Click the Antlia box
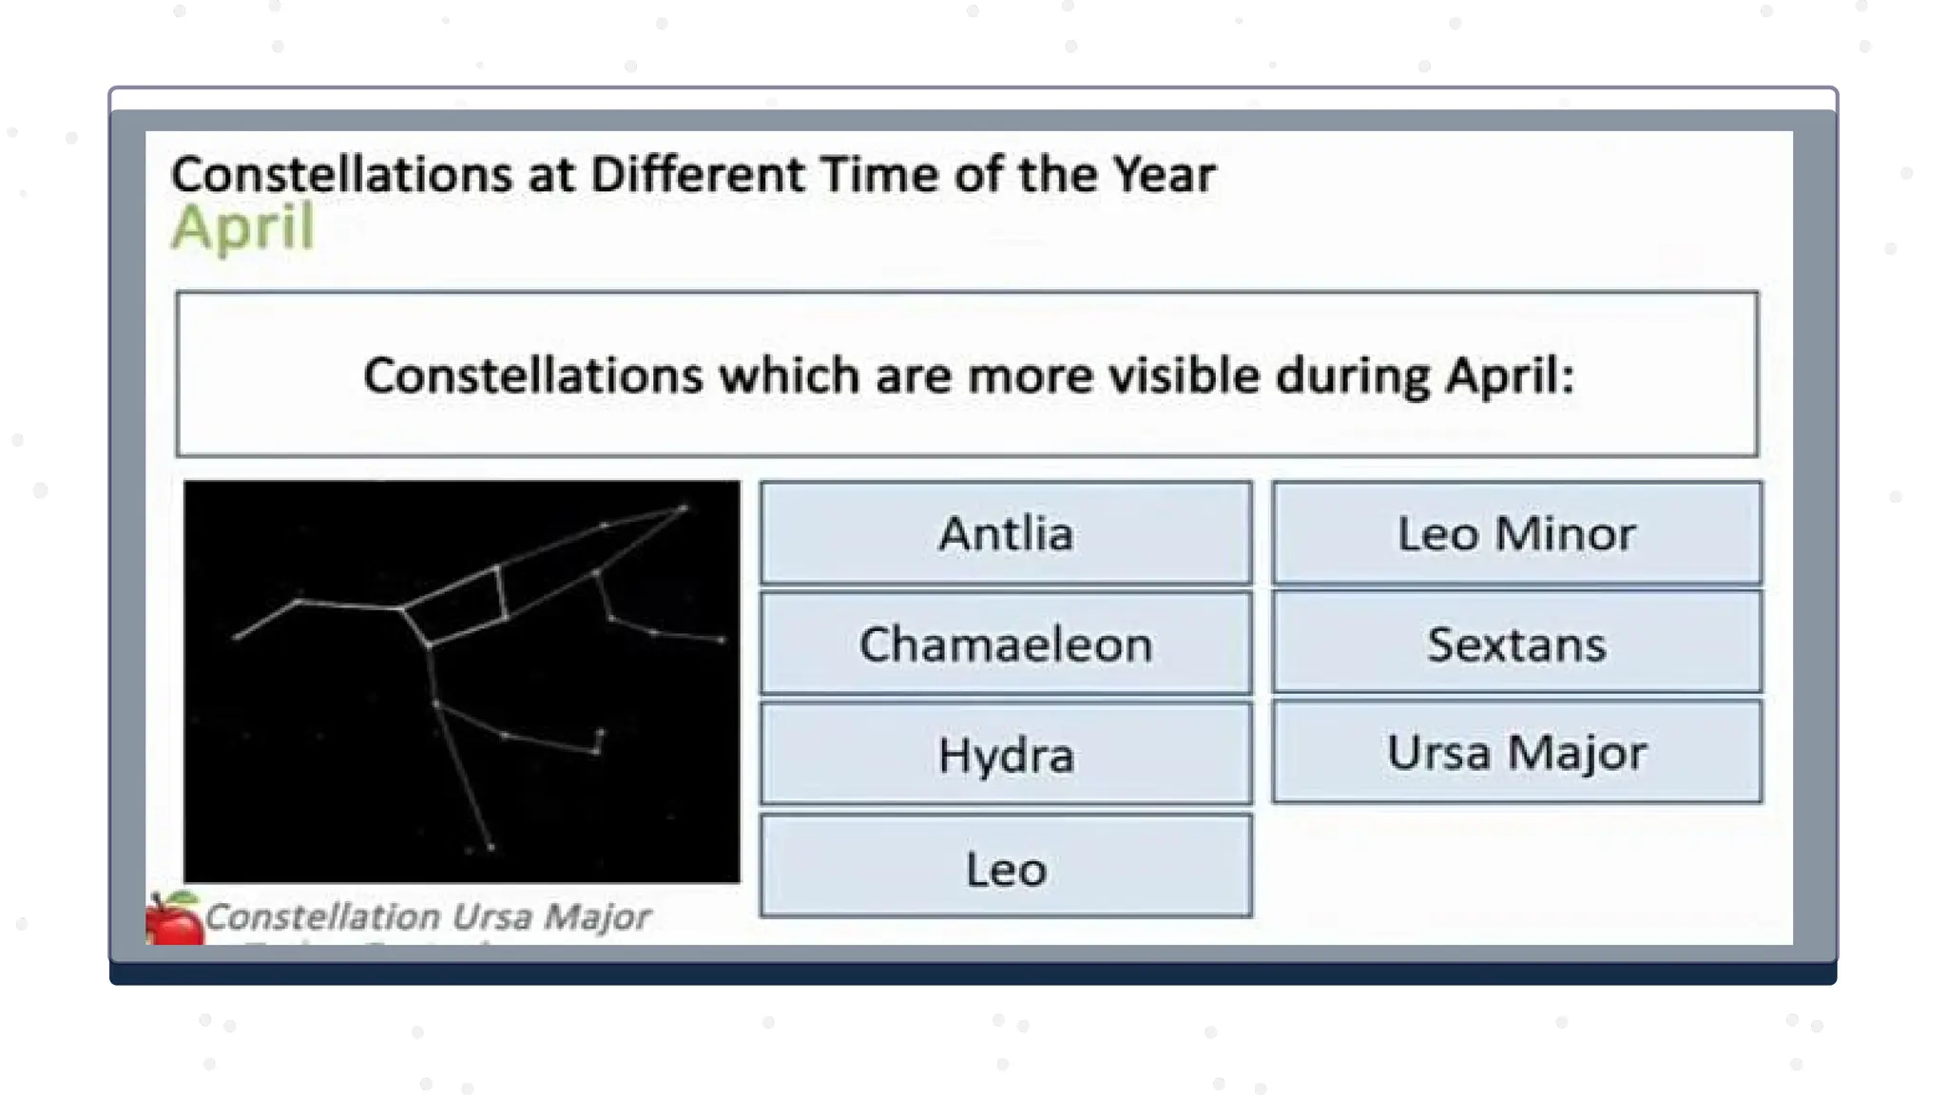[1006, 533]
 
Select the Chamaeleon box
[1006, 644]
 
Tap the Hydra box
[1006, 756]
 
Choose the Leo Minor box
[1516, 533]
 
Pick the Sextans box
[1516, 644]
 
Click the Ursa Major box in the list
[1516, 753]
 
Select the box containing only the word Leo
[1006, 868]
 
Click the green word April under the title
[243, 228]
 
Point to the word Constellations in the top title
[341, 175]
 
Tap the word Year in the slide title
[1165, 175]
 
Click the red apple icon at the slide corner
[173, 920]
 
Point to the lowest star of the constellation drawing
[491, 847]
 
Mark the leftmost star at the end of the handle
[237, 637]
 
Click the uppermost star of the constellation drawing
[684, 509]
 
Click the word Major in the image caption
[597, 917]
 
